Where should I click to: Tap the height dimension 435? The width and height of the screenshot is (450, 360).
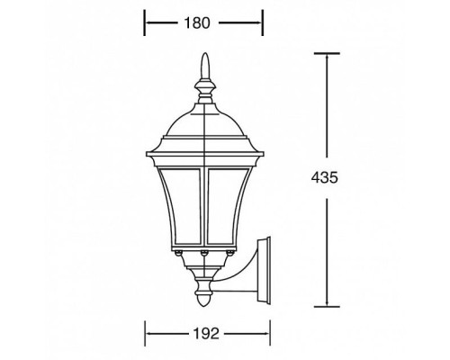(327, 178)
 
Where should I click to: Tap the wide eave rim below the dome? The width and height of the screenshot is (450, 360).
(205, 145)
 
